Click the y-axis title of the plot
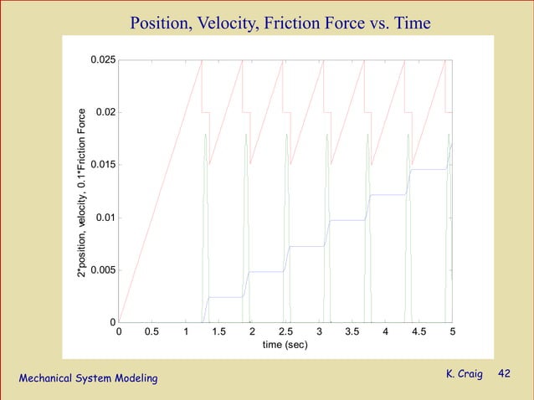click(82, 192)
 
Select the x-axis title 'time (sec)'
click(285, 345)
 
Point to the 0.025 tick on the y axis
click(104, 60)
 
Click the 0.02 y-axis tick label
click(106, 113)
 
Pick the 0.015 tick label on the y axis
click(104, 166)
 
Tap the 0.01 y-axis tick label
click(106, 218)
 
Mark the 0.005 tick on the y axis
click(104, 270)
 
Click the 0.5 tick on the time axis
click(152, 331)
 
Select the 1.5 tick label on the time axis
click(219, 331)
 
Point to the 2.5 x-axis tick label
click(285, 331)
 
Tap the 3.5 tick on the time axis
click(352, 331)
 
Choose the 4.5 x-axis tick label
click(418, 331)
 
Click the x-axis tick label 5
click(452, 331)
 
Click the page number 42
click(504, 373)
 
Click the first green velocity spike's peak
click(205, 135)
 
